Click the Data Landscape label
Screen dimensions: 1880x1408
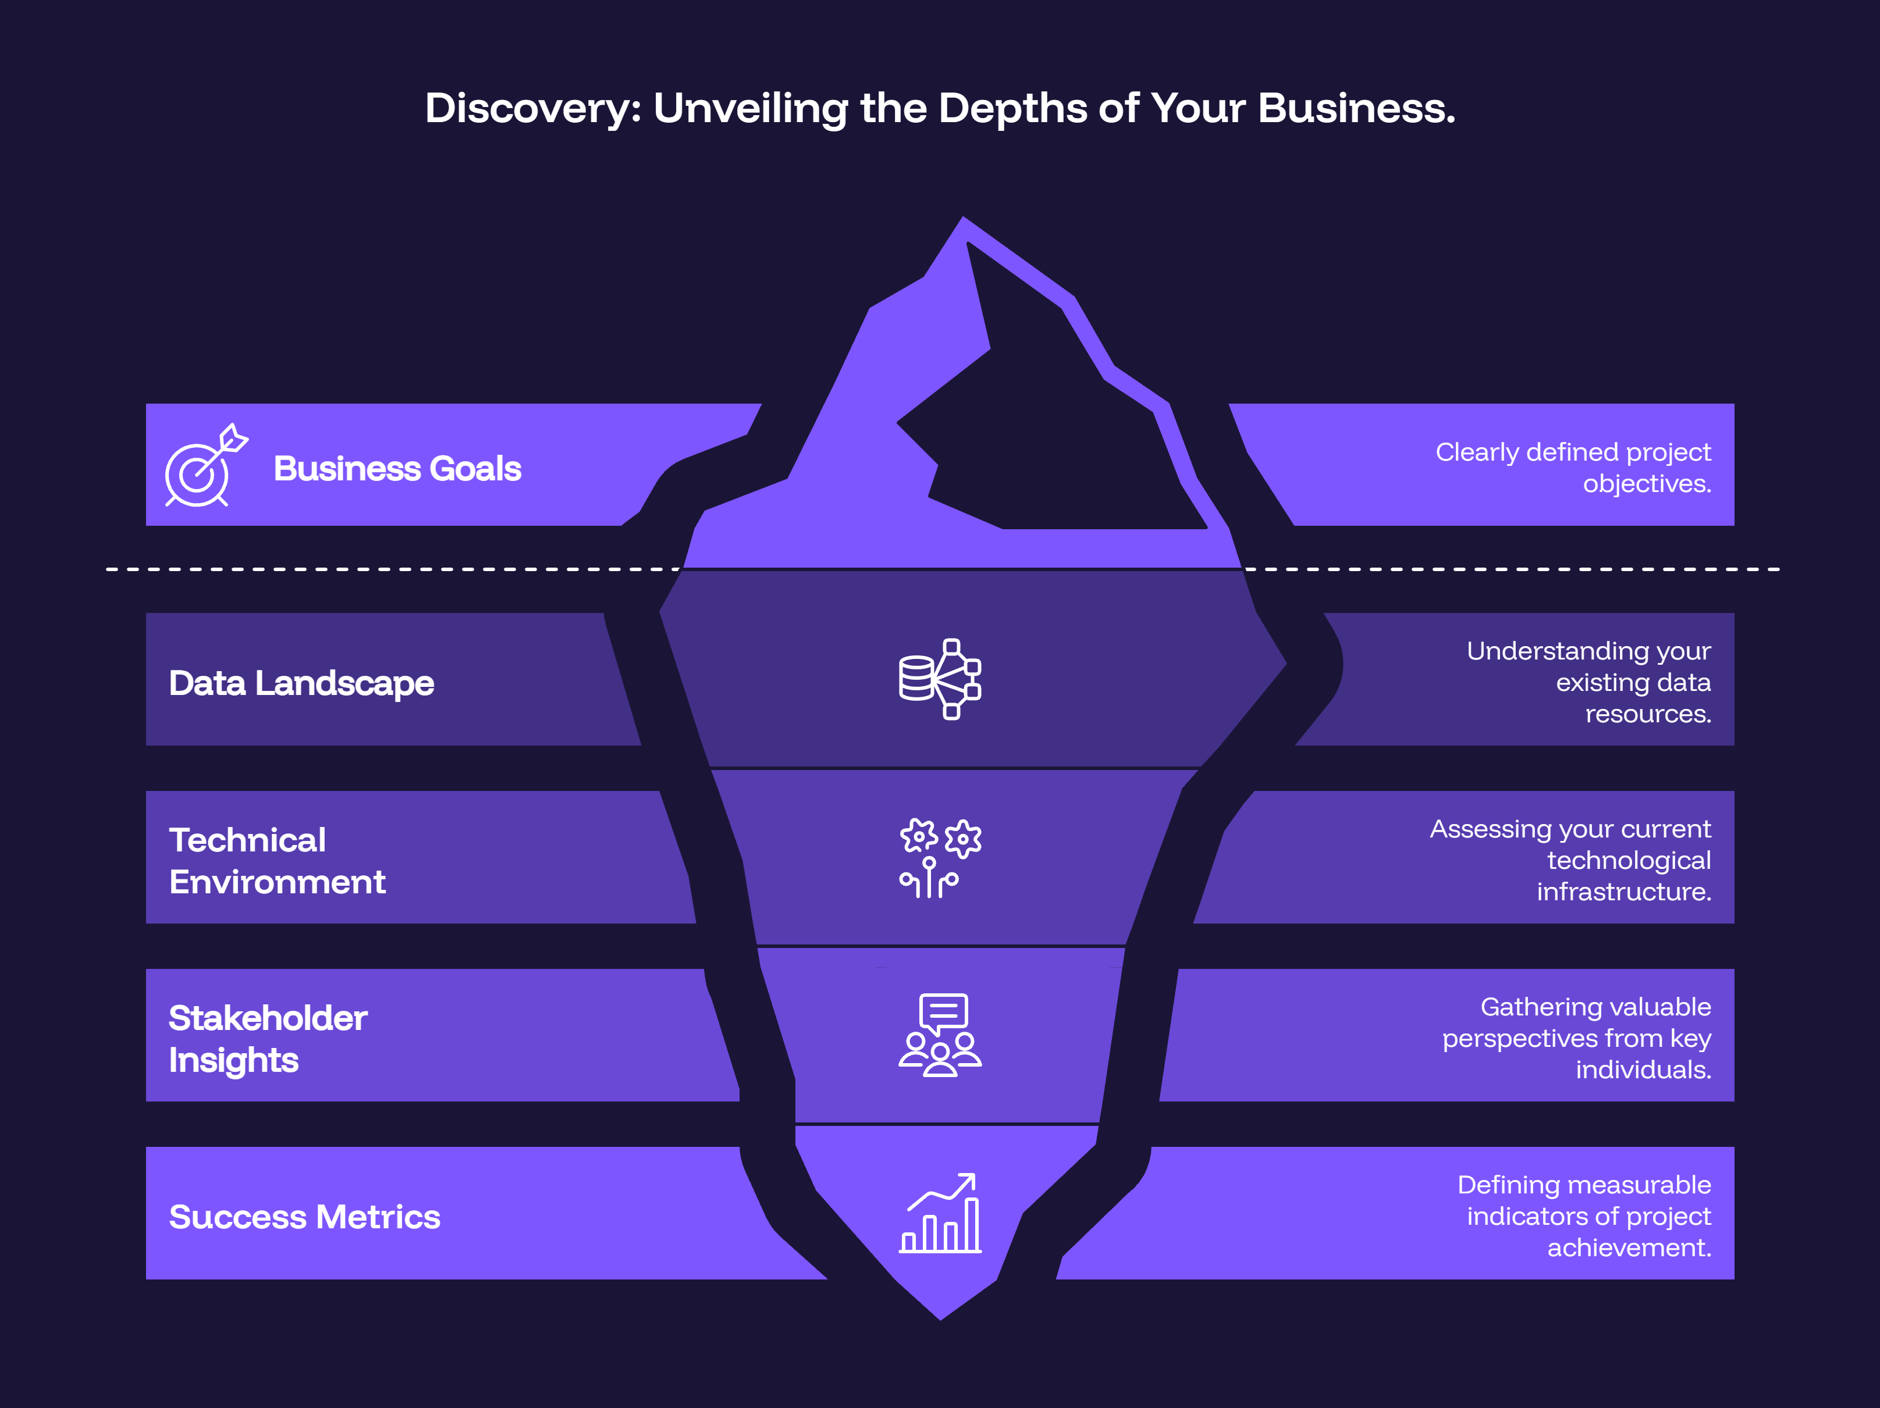[302, 683]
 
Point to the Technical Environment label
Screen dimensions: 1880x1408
[277, 861]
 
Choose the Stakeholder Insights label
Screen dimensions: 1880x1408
[268, 1038]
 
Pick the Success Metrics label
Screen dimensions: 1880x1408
[304, 1217]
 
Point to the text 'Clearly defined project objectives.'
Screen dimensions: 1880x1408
[1572, 468]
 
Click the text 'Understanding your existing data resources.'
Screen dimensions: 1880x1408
[1588, 682]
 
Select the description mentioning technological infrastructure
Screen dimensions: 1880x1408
[1570, 860]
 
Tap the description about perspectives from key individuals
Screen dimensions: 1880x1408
[1577, 1038]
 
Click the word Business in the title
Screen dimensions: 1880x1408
[1356, 109]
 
